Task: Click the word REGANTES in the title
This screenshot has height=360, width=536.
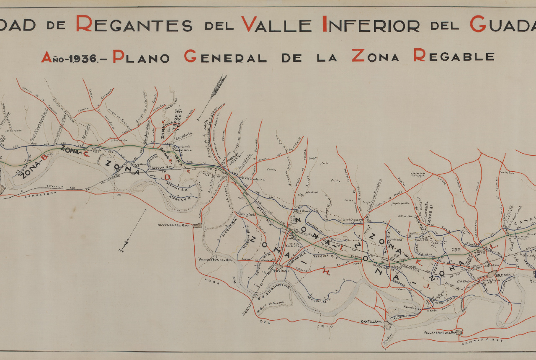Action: tap(134, 24)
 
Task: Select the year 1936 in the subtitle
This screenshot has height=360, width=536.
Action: tap(81, 57)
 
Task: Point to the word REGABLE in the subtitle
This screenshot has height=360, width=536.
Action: tap(454, 56)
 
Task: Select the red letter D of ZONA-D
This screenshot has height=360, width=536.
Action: tap(167, 178)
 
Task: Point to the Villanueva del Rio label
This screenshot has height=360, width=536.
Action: tap(215, 260)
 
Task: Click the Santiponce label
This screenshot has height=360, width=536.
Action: tap(482, 343)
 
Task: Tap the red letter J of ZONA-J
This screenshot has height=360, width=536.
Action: tap(427, 286)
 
